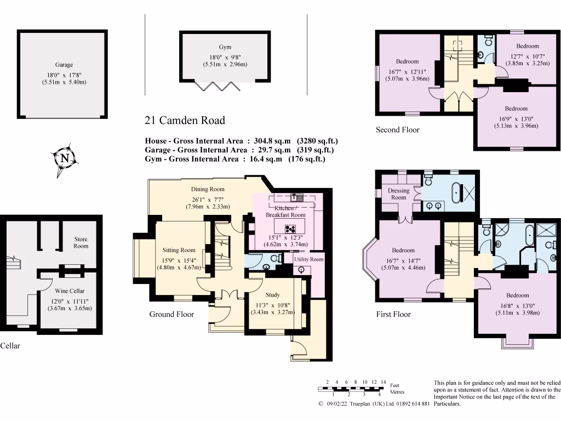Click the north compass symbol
tap(65, 159)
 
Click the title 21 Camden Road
tap(185, 121)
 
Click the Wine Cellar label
tap(70, 291)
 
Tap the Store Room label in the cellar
tap(81, 243)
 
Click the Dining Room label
tap(208, 189)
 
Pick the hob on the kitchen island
tap(289, 229)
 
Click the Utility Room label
tap(309, 259)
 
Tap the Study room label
tap(272, 295)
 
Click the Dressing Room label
tap(398, 194)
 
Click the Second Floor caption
tap(397, 130)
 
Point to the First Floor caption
tap(393, 314)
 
